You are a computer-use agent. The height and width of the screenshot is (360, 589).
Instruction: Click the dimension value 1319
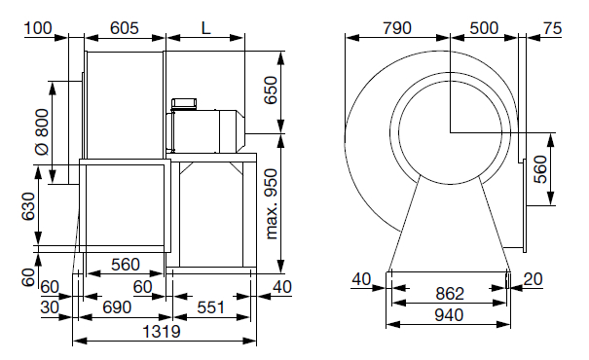point(162,332)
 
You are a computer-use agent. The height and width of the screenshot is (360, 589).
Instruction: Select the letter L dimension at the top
point(205,28)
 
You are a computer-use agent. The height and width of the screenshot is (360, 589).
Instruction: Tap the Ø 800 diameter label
point(42,132)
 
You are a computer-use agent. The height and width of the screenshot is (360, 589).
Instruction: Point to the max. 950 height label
point(272,203)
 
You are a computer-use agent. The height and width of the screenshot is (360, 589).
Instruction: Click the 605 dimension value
point(125,28)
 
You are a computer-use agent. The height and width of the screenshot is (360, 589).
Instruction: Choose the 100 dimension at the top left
point(38,28)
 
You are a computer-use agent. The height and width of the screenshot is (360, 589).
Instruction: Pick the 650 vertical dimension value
point(271,90)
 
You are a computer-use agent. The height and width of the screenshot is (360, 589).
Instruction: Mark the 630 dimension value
point(28,207)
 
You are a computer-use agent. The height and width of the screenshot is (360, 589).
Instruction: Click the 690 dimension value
point(117,307)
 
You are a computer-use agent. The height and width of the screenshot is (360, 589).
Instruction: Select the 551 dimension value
point(210,307)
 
